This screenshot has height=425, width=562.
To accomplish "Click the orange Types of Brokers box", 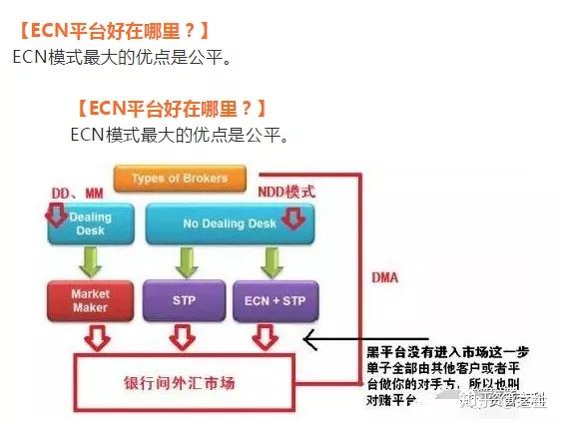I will click(x=180, y=179).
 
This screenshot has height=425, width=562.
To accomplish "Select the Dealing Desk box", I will click(x=90, y=224).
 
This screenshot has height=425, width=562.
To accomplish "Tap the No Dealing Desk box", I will click(x=229, y=224).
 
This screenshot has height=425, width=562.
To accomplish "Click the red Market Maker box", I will click(x=89, y=301).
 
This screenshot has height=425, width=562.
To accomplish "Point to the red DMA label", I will click(x=384, y=276).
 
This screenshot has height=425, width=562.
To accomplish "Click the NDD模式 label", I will click(x=286, y=191).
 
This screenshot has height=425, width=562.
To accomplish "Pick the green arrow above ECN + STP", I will click(x=268, y=263).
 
